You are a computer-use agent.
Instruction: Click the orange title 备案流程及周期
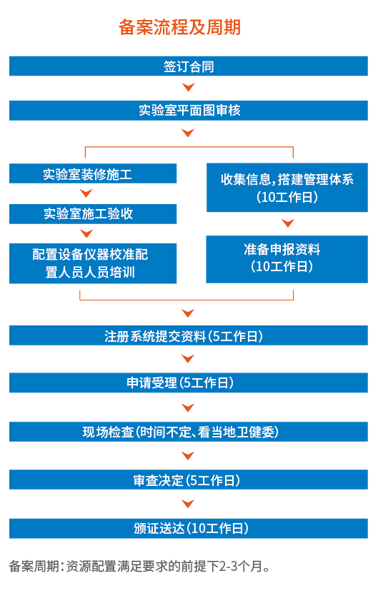tap(180, 27)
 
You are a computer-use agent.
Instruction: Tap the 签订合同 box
tap(189, 66)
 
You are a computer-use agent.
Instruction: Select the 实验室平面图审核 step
tap(189, 111)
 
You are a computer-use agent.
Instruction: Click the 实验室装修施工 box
tap(93, 173)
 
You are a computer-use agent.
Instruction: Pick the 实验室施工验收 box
tap(93, 214)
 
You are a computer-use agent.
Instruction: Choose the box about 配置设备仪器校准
tap(93, 263)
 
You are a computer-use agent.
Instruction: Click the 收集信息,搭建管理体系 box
tap(287, 188)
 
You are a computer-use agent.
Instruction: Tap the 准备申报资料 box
tap(287, 260)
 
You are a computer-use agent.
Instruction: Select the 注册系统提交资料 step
tap(189, 335)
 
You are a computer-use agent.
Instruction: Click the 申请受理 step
tap(189, 382)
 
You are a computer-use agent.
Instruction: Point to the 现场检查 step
tap(189, 432)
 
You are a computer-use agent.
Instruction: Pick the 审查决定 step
tap(189, 480)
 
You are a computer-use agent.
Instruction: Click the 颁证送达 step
tap(189, 528)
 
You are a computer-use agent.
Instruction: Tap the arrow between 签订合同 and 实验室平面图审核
tap(188, 88)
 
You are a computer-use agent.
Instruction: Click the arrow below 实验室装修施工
tap(86, 193)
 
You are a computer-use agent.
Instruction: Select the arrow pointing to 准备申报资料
tap(288, 223)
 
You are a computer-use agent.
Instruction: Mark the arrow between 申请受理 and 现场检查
tap(188, 407)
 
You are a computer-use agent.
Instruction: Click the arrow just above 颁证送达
tap(188, 504)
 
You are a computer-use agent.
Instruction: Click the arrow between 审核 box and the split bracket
tap(188, 133)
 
